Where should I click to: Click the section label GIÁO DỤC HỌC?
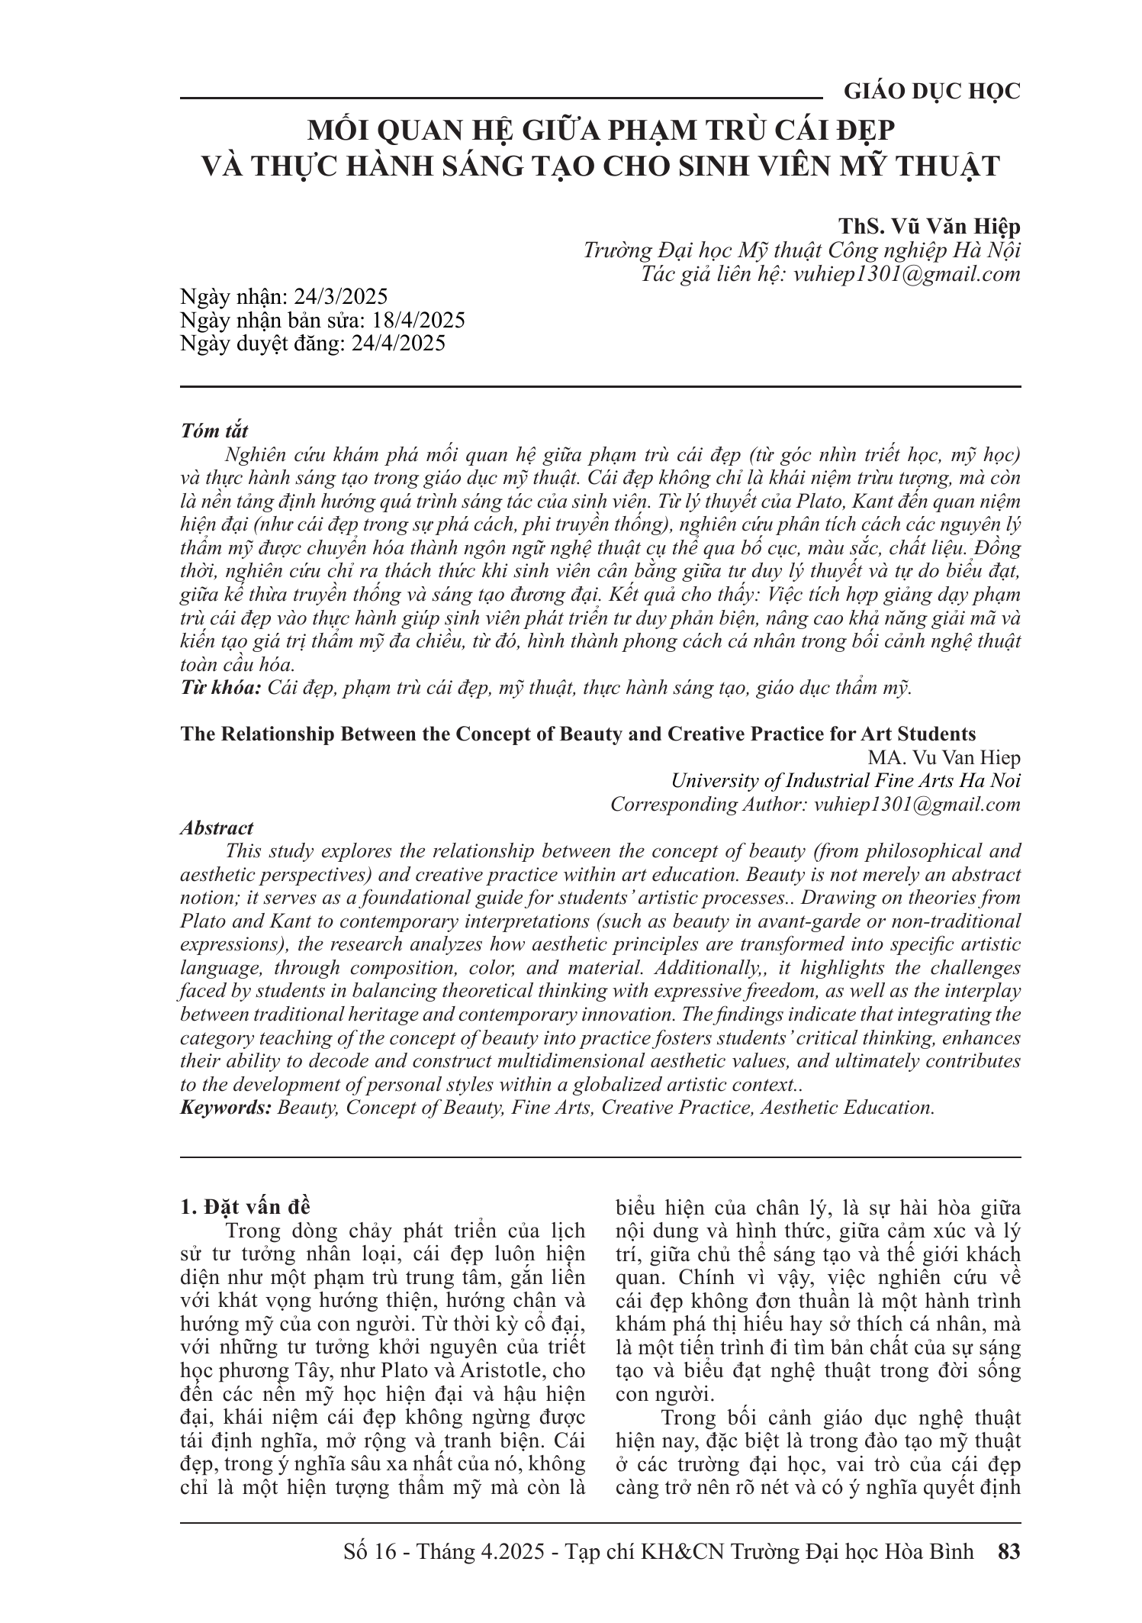pos(931,92)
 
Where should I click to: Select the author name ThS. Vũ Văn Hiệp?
pos(929,227)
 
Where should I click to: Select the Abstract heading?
pos(217,828)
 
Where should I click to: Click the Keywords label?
pos(225,1108)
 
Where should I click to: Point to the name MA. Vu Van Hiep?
pos(943,758)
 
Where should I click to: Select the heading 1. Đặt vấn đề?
pos(246,1207)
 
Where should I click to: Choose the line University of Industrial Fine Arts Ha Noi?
pos(845,781)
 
